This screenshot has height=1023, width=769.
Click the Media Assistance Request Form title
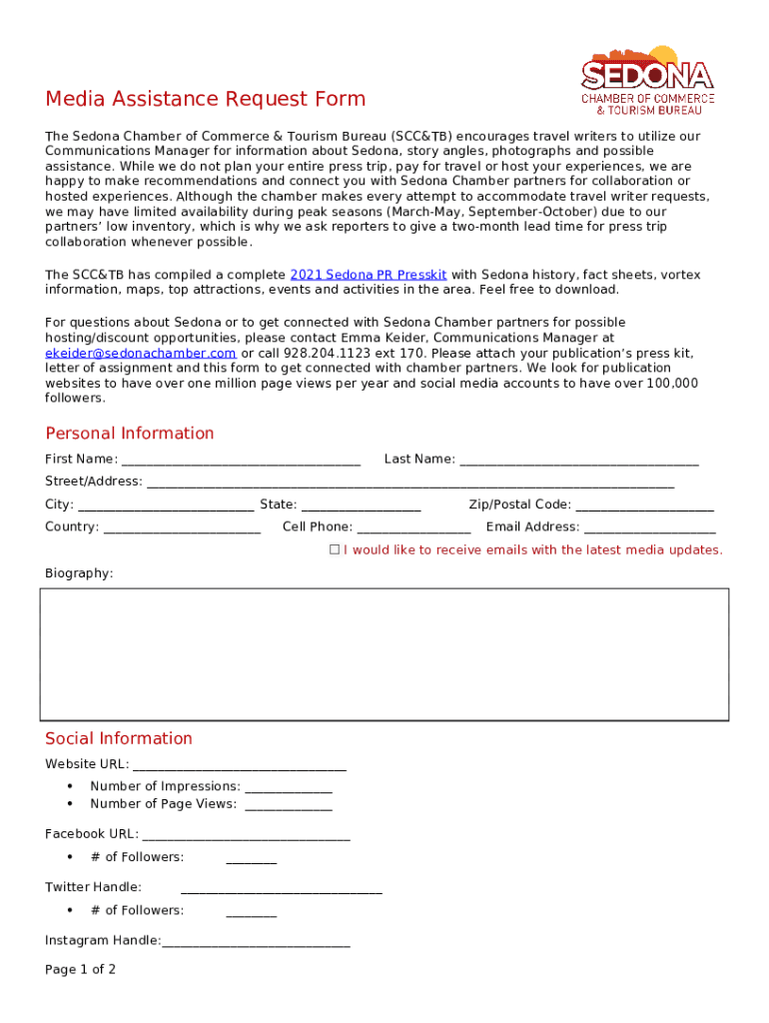tap(205, 99)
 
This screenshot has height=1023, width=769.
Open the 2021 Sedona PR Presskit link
tap(368, 275)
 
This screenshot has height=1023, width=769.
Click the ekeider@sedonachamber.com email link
tap(141, 354)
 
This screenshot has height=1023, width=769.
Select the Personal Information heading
tap(129, 434)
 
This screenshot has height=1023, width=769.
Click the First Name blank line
tap(240, 461)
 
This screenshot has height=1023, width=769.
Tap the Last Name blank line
tap(578, 461)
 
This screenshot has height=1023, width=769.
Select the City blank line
tap(165, 506)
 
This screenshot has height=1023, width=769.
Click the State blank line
tap(361, 506)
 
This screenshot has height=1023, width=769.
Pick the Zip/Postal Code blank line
tap(644, 506)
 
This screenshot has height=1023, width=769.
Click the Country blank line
tap(182, 527)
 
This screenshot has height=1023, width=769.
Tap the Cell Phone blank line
tap(413, 527)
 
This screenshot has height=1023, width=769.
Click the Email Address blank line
tap(649, 527)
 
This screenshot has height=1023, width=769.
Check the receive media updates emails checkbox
tap(336, 550)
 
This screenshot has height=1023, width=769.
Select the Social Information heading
tap(118, 739)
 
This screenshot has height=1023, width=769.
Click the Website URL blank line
tap(239, 765)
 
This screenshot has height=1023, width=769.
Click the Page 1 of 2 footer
tap(80, 970)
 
